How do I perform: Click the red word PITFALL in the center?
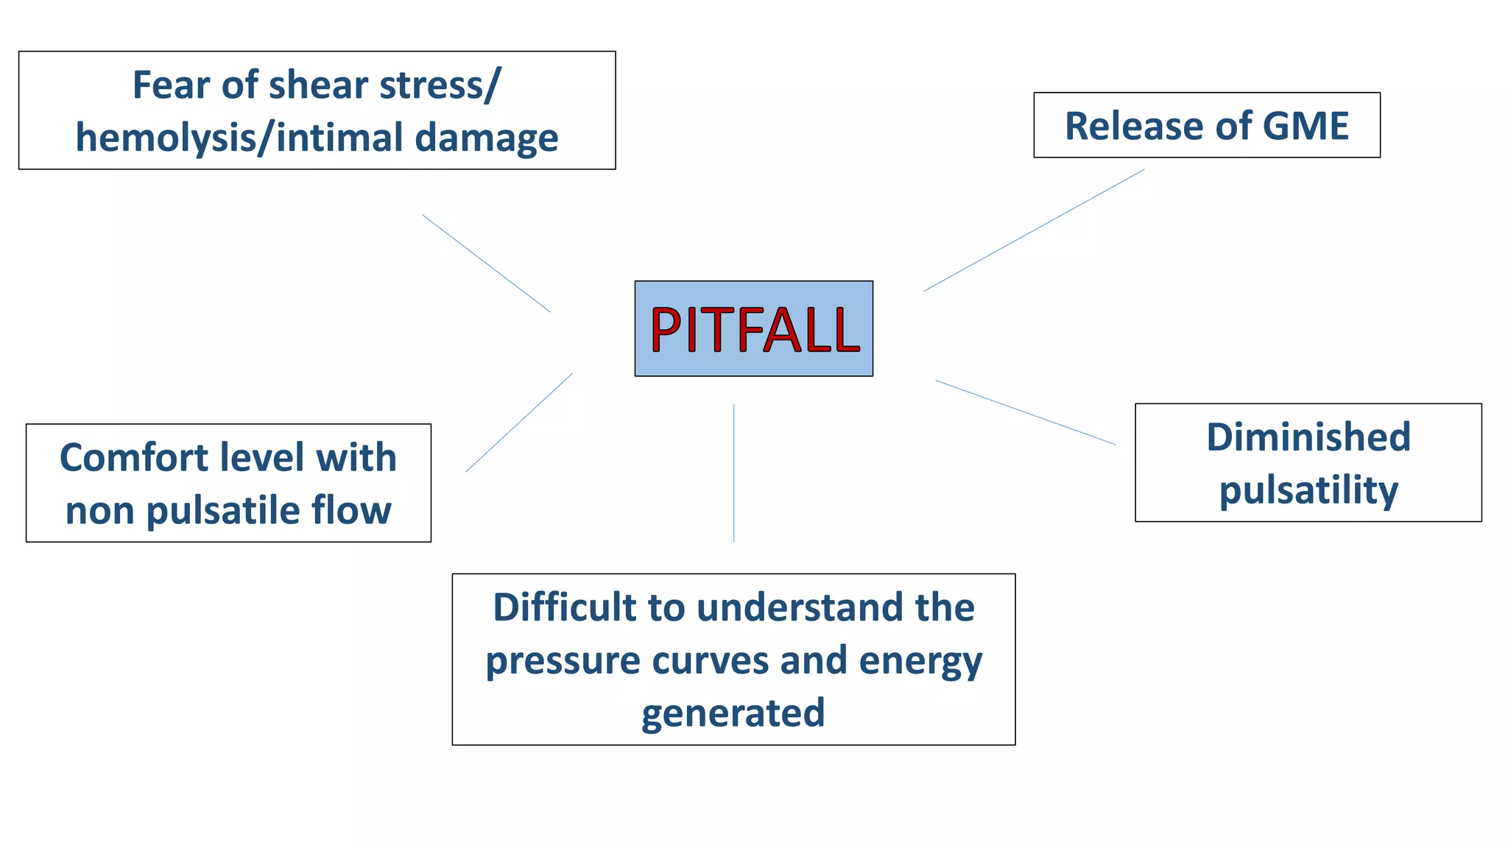click(x=754, y=329)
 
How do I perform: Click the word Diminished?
click(x=1308, y=437)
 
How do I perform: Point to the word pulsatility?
click(x=1308, y=491)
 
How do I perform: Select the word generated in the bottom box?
click(x=733, y=713)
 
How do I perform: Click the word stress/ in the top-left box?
click(x=440, y=85)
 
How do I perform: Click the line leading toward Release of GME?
click(x=1034, y=230)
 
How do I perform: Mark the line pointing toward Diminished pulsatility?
click(x=1025, y=412)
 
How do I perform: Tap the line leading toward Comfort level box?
click(x=518, y=423)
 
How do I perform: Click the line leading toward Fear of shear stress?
click(x=486, y=263)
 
